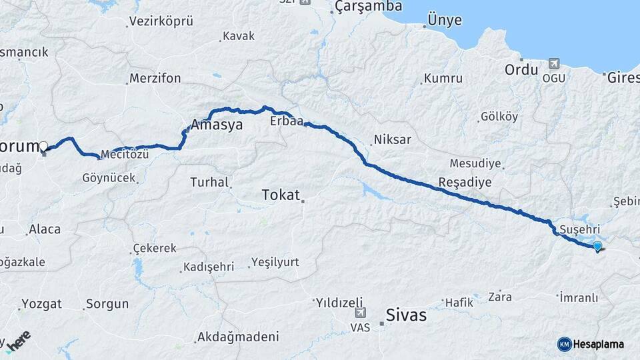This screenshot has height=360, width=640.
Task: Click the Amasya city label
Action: pyautogui.click(x=217, y=125)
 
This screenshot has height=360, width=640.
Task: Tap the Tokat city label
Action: pyautogui.click(x=281, y=195)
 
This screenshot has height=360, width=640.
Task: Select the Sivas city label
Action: pyautogui.click(x=407, y=315)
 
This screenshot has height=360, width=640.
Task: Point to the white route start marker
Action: pyautogui.click(x=43, y=146)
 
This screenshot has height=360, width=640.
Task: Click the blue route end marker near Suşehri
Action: pyautogui.click(x=597, y=246)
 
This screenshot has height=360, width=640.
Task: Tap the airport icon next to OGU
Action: pyautogui.click(x=552, y=63)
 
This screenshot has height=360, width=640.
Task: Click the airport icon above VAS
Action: pyautogui.click(x=361, y=311)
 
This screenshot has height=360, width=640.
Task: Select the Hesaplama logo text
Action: pyautogui.click(x=599, y=344)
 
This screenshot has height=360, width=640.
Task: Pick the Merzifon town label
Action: pyautogui.click(x=155, y=78)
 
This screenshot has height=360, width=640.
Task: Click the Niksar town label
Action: pyautogui.click(x=393, y=140)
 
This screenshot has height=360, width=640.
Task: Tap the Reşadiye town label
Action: pyautogui.click(x=465, y=182)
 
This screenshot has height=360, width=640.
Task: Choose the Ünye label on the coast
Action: pyautogui.click(x=444, y=20)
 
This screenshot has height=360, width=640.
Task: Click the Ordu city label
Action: pyautogui.click(x=521, y=69)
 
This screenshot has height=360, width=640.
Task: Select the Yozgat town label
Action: pyautogui.click(x=41, y=304)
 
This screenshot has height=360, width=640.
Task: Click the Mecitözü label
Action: pyautogui.click(x=125, y=155)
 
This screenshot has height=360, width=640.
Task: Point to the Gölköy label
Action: pyautogui.click(x=499, y=117)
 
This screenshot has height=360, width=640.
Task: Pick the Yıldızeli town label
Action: pyautogui.click(x=339, y=301)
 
